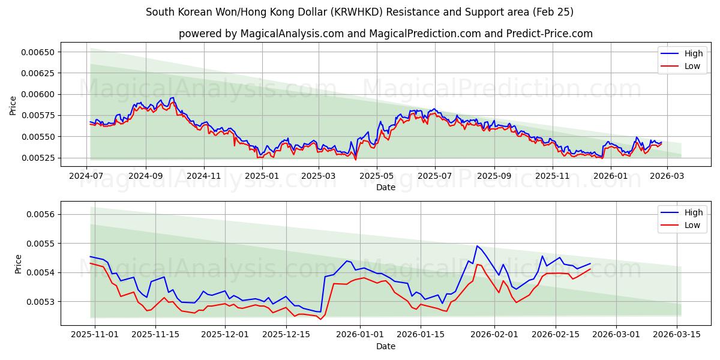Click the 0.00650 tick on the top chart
click(37, 52)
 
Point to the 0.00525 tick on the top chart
click(37, 158)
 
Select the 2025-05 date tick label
click(376, 176)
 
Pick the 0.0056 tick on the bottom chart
click(40, 214)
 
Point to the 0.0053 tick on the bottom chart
click(40, 301)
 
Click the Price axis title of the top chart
click(13, 105)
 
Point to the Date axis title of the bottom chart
click(386, 346)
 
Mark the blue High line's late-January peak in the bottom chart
click(477, 246)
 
